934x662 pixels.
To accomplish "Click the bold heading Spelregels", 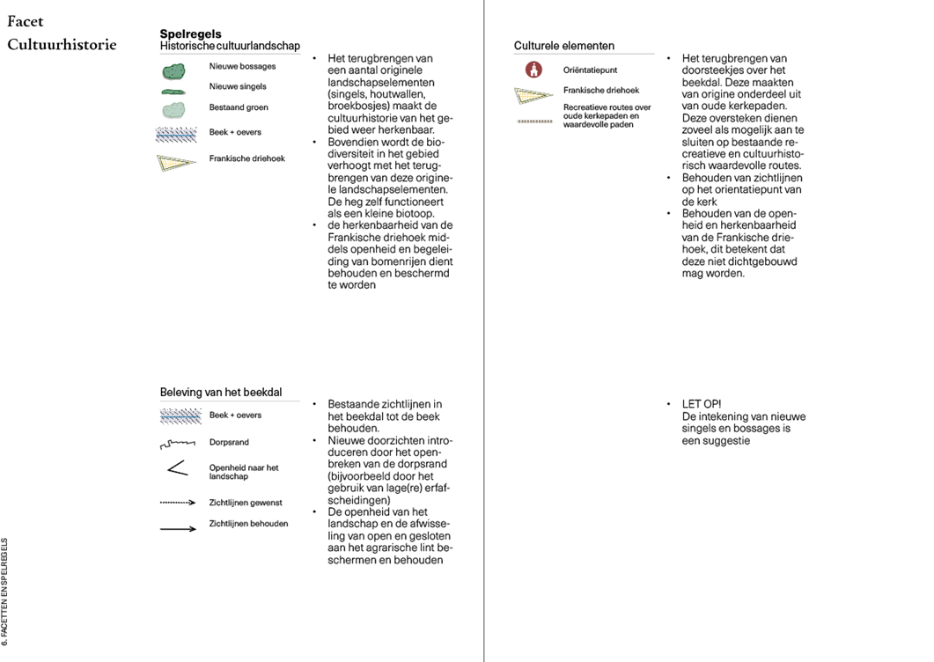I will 190,34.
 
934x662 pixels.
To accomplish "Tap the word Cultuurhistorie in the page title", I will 62,44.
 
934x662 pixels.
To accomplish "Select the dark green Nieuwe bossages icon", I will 173,70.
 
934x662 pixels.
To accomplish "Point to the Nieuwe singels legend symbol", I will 173,91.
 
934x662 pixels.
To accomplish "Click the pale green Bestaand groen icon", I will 173,109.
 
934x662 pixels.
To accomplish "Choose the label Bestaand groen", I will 239,107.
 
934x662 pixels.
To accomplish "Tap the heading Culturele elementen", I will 564,46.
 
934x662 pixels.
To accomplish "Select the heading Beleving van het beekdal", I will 221,393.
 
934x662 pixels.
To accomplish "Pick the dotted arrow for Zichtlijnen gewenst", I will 177,503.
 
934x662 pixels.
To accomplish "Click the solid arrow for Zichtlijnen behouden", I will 177,529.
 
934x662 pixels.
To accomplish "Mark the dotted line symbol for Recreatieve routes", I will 534,121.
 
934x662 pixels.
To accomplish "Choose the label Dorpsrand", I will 230,443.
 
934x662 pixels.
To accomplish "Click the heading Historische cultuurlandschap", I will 230,46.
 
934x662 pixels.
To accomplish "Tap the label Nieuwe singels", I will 238,86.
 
